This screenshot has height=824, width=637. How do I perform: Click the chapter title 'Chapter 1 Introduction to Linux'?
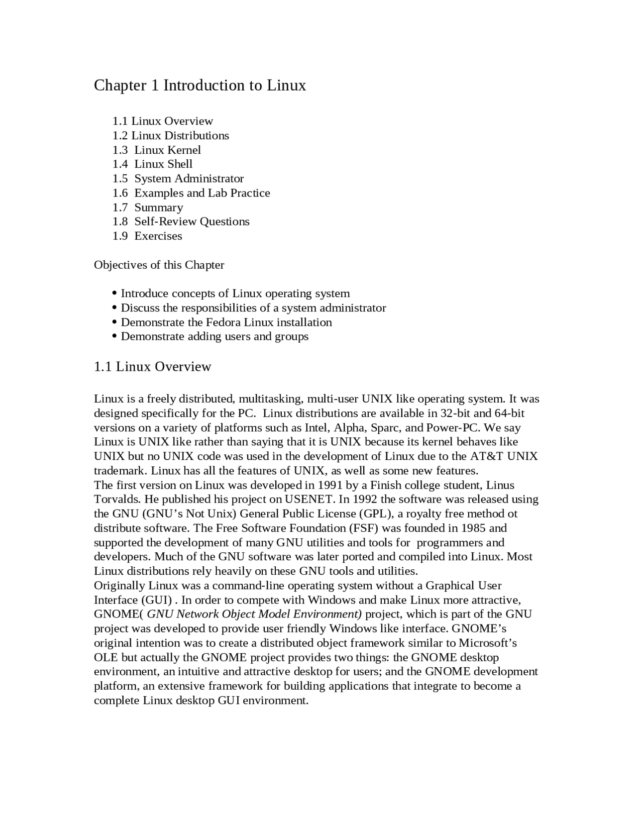200,86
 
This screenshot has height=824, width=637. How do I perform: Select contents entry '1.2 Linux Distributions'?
170,135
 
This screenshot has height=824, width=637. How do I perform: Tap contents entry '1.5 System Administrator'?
178,178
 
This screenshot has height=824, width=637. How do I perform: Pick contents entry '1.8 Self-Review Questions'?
181,221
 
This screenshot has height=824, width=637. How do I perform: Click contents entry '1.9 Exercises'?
147,236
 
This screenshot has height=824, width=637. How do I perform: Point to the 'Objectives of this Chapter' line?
159,265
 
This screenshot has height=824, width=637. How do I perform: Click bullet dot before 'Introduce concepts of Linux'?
115,294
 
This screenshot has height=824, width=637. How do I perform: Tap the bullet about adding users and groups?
214,336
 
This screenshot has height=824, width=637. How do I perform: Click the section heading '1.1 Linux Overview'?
152,367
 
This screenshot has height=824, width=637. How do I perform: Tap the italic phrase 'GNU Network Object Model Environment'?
254,614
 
